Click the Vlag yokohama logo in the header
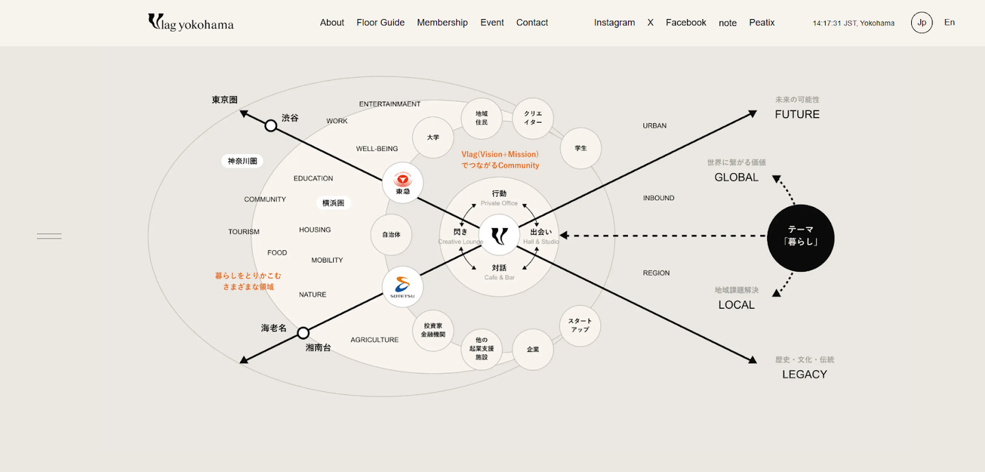(x=191, y=23)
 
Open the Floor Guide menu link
(x=380, y=23)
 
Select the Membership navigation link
(x=442, y=23)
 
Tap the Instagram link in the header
(x=614, y=23)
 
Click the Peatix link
(x=761, y=23)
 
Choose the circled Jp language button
(x=921, y=23)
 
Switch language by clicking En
(x=949, y=23)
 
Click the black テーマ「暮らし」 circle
(x=800, y=238)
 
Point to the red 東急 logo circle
(x=402, y=183)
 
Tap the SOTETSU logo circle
(x=402, y=287)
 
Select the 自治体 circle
(x=391, y=234)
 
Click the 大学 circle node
(x=433, y=137)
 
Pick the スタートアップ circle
(x=579, y=325)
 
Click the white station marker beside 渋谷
(x=271, y=125)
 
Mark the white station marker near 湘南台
(x=303, y=333)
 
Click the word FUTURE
(x=797, y=114)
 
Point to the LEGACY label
(x=804, y=374)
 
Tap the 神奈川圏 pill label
(x=242, y=161)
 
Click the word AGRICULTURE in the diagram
(x=374, y=340)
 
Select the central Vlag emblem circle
(x=499, y=235)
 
